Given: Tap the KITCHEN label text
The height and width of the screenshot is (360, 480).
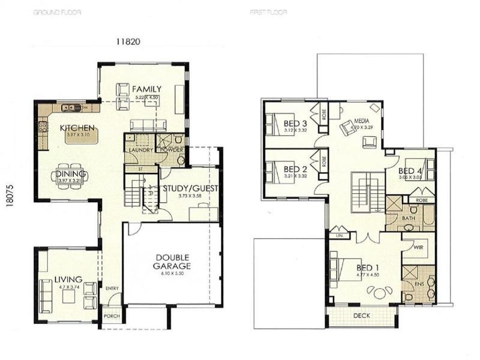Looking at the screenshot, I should click(x=76, y=128).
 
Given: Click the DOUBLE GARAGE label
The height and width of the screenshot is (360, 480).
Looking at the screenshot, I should click(x=171, y=260).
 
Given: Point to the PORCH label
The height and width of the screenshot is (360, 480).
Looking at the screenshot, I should click(x=111, y=316).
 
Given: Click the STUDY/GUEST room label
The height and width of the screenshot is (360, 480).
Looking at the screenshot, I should click(x=190, y=188).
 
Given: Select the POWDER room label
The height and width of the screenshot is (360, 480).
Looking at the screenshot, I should click(x=172, y=149).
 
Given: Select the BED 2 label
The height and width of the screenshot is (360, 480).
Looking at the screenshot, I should click(x=295, y=169).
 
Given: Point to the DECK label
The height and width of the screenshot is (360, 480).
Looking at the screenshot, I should click(x=361, y=314).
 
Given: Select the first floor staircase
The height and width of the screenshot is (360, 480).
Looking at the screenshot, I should click(x=367, y=193).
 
